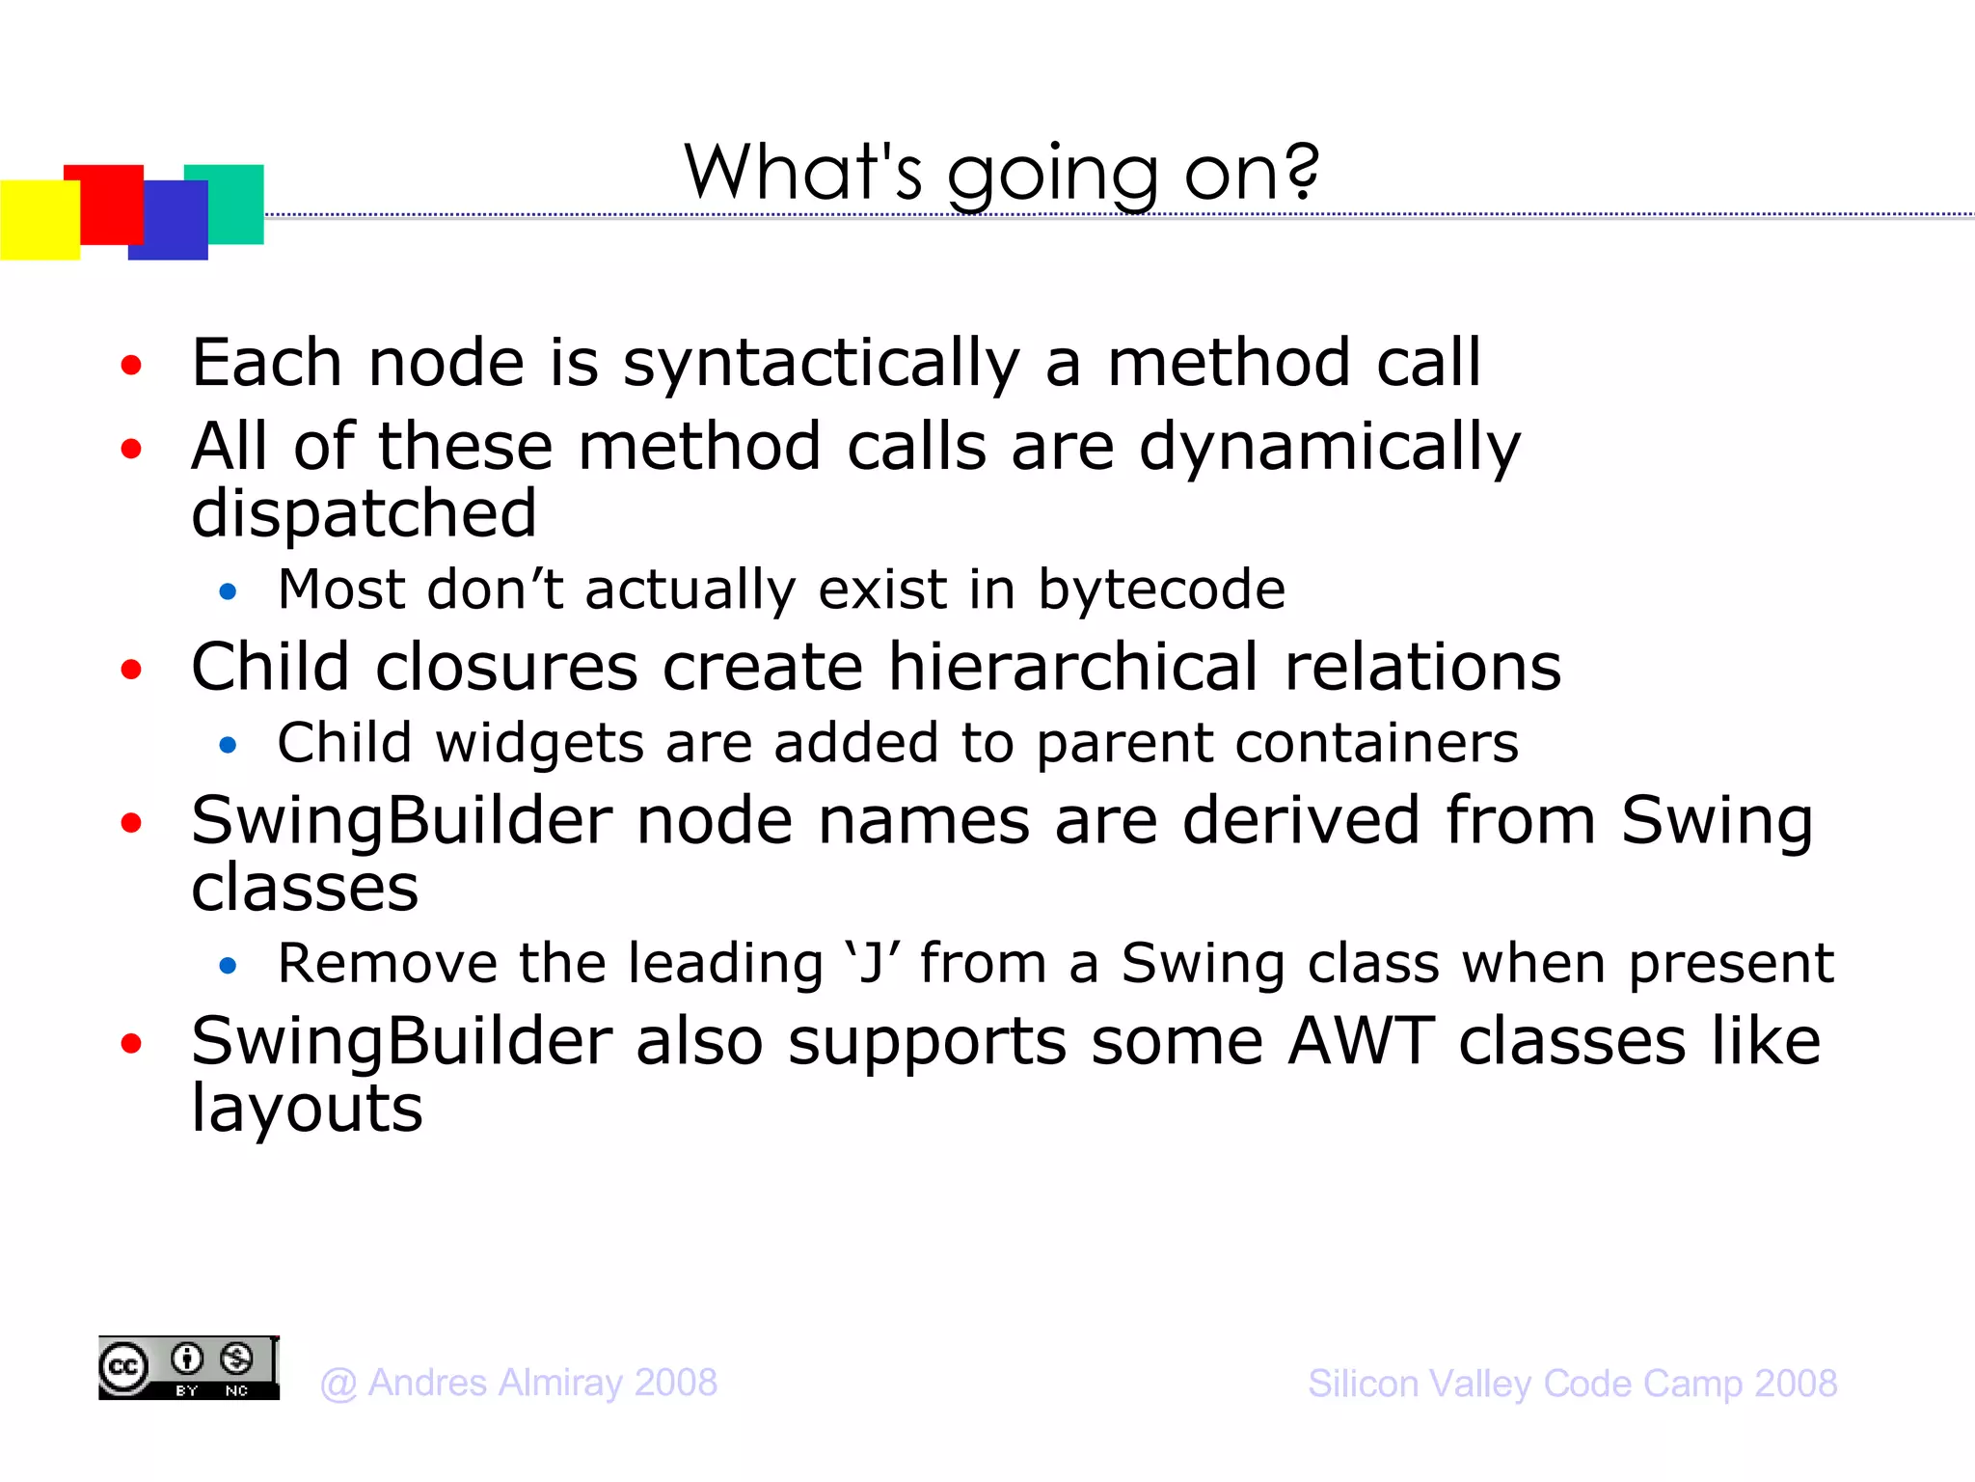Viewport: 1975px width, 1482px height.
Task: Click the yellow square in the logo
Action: [39, 220]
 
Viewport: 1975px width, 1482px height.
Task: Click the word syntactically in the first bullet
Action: [821, 365]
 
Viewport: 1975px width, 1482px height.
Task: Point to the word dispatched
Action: [364, 513]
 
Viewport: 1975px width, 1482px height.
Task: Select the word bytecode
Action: [1161, 590]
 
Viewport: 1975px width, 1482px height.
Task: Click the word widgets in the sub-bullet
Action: [540, 743]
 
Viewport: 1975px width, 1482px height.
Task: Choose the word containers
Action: [1376, 743]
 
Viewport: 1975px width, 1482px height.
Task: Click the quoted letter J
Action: [871, 963]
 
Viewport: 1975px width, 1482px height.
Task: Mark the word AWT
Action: [1361, 1042]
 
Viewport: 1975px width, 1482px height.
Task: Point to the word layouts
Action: [307, 1108]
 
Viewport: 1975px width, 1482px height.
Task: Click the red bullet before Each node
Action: [131, 366]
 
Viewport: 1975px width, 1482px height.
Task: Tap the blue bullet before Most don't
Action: [228, 591]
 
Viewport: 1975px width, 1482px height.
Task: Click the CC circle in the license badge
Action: [123, 1367]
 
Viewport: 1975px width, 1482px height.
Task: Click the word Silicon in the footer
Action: [1363, 1384]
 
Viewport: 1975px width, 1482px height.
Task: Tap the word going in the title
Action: [1052, 174]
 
